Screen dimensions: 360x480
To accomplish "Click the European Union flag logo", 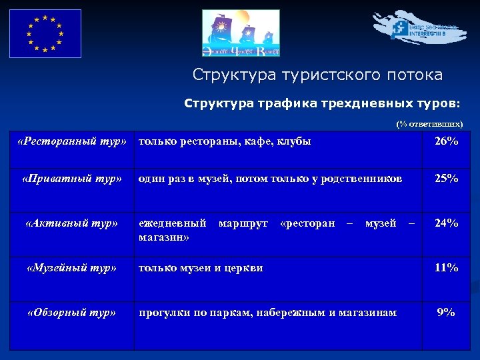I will (45, 33).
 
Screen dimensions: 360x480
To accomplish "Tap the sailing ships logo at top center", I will (241, 34).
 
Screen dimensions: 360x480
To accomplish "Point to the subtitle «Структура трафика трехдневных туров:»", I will (321, 104).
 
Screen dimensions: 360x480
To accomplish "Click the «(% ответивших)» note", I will (429, 124).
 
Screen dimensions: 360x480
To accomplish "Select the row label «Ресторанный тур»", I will (72, 141).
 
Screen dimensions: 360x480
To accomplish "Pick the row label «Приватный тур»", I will (72, 179).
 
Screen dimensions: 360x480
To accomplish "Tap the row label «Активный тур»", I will (72, 223).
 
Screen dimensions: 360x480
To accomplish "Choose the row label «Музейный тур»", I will (72, 268).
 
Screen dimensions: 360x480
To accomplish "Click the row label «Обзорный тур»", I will (72, 312).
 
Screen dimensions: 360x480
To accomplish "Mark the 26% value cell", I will (446, 141).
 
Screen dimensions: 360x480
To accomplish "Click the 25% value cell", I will (446, 179).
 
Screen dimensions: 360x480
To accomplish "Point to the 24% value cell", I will (446, 223).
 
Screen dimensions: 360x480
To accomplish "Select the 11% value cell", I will (446, 268).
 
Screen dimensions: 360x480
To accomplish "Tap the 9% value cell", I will (446, 312).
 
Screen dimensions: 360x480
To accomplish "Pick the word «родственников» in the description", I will (364, 179).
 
